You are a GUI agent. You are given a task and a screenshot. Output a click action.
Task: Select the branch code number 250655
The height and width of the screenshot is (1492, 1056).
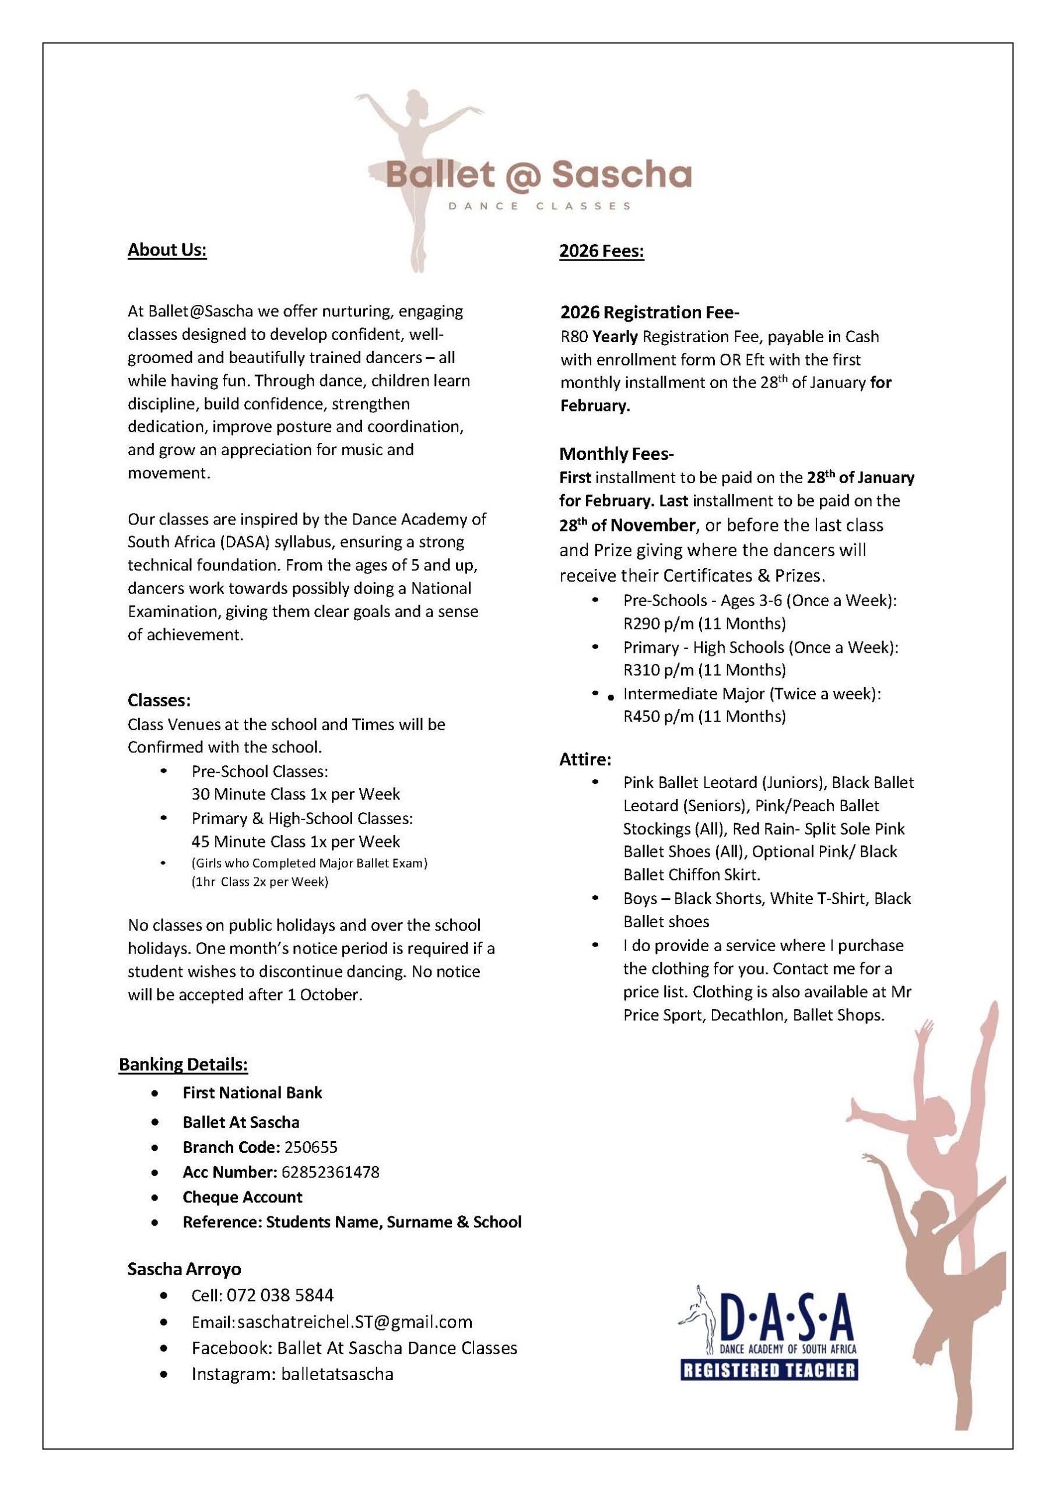(x=311, y=1147)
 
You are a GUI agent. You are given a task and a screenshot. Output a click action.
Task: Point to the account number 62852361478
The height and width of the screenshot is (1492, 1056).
(x=330, y=1171)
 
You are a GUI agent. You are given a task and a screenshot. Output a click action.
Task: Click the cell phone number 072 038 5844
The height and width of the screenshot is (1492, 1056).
(x=280, y=1295)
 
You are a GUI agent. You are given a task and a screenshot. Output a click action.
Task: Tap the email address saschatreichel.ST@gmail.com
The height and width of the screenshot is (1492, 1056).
(x=355, y=1322)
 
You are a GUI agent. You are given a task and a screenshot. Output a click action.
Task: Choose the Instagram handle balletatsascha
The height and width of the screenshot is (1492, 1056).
(x=338, y=1374)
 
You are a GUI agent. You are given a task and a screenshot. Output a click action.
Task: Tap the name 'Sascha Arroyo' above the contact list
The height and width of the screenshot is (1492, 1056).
(x=184, y=1269)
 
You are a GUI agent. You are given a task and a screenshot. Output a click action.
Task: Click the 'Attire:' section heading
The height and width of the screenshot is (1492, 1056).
(x=585, y=759)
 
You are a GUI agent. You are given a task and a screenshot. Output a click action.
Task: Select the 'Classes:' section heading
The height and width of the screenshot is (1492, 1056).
(x=159, y=700)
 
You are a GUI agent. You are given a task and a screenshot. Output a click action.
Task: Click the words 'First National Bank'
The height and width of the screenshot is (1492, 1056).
(x=252, y=1092)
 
